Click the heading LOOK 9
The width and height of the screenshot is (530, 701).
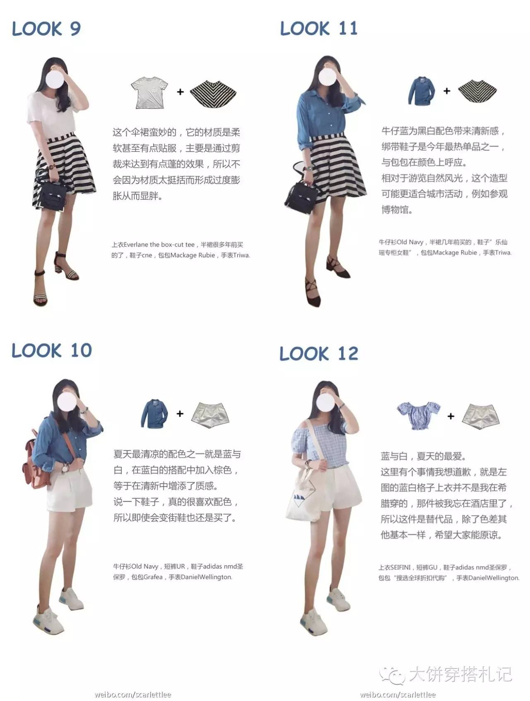[x=46, y=29]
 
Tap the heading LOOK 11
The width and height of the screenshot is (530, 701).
[x=318, y=28]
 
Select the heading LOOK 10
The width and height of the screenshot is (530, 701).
[x=52, y=350]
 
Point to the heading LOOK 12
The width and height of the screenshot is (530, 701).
[x=319, y=353]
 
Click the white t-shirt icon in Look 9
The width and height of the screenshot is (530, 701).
[x=149, y=92]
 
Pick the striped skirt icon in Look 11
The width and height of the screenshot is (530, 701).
[x=477, y=91]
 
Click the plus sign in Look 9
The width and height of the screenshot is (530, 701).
[x=180, y=92]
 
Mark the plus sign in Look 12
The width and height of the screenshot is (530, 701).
[x=451, y=416]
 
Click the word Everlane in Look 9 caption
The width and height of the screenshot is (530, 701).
[x=136, y=245]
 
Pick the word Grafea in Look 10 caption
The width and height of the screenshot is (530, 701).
[x=153, y=577]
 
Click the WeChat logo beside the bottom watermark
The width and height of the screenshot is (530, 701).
[x=392, y=675]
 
